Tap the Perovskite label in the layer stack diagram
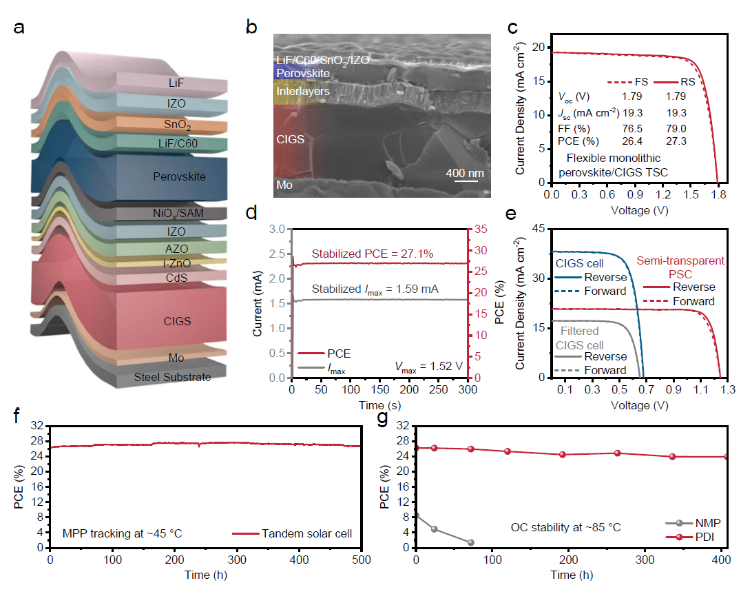(x=179, y=177)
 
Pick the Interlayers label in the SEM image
(x=303, y=91)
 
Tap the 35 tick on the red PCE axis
(x=478, y=229)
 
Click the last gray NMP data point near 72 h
(x=471, y=542)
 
